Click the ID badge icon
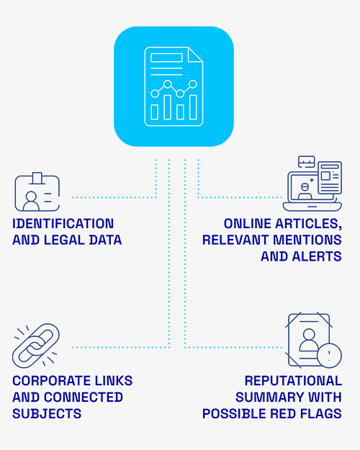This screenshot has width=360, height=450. click(37, 192)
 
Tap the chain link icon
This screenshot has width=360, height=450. click(36, 346)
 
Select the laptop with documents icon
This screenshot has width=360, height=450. click(312, 184)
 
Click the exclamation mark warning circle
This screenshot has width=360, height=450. click(329, 356)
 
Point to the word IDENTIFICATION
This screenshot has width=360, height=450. click(63, 224)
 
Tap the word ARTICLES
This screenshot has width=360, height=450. click(309, 224)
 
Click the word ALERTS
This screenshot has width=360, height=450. click(317, 256)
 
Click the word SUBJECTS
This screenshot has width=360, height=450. click(47, 414)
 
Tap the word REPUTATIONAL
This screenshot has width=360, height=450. click(293, 381)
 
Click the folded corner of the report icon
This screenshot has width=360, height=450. click(195, 55)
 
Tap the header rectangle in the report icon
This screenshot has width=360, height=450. click(166, 58)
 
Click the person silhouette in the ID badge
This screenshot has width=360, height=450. click(31, 201)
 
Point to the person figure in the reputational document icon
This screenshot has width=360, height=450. click(309, 340)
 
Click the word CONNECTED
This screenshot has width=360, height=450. click(84, 397)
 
